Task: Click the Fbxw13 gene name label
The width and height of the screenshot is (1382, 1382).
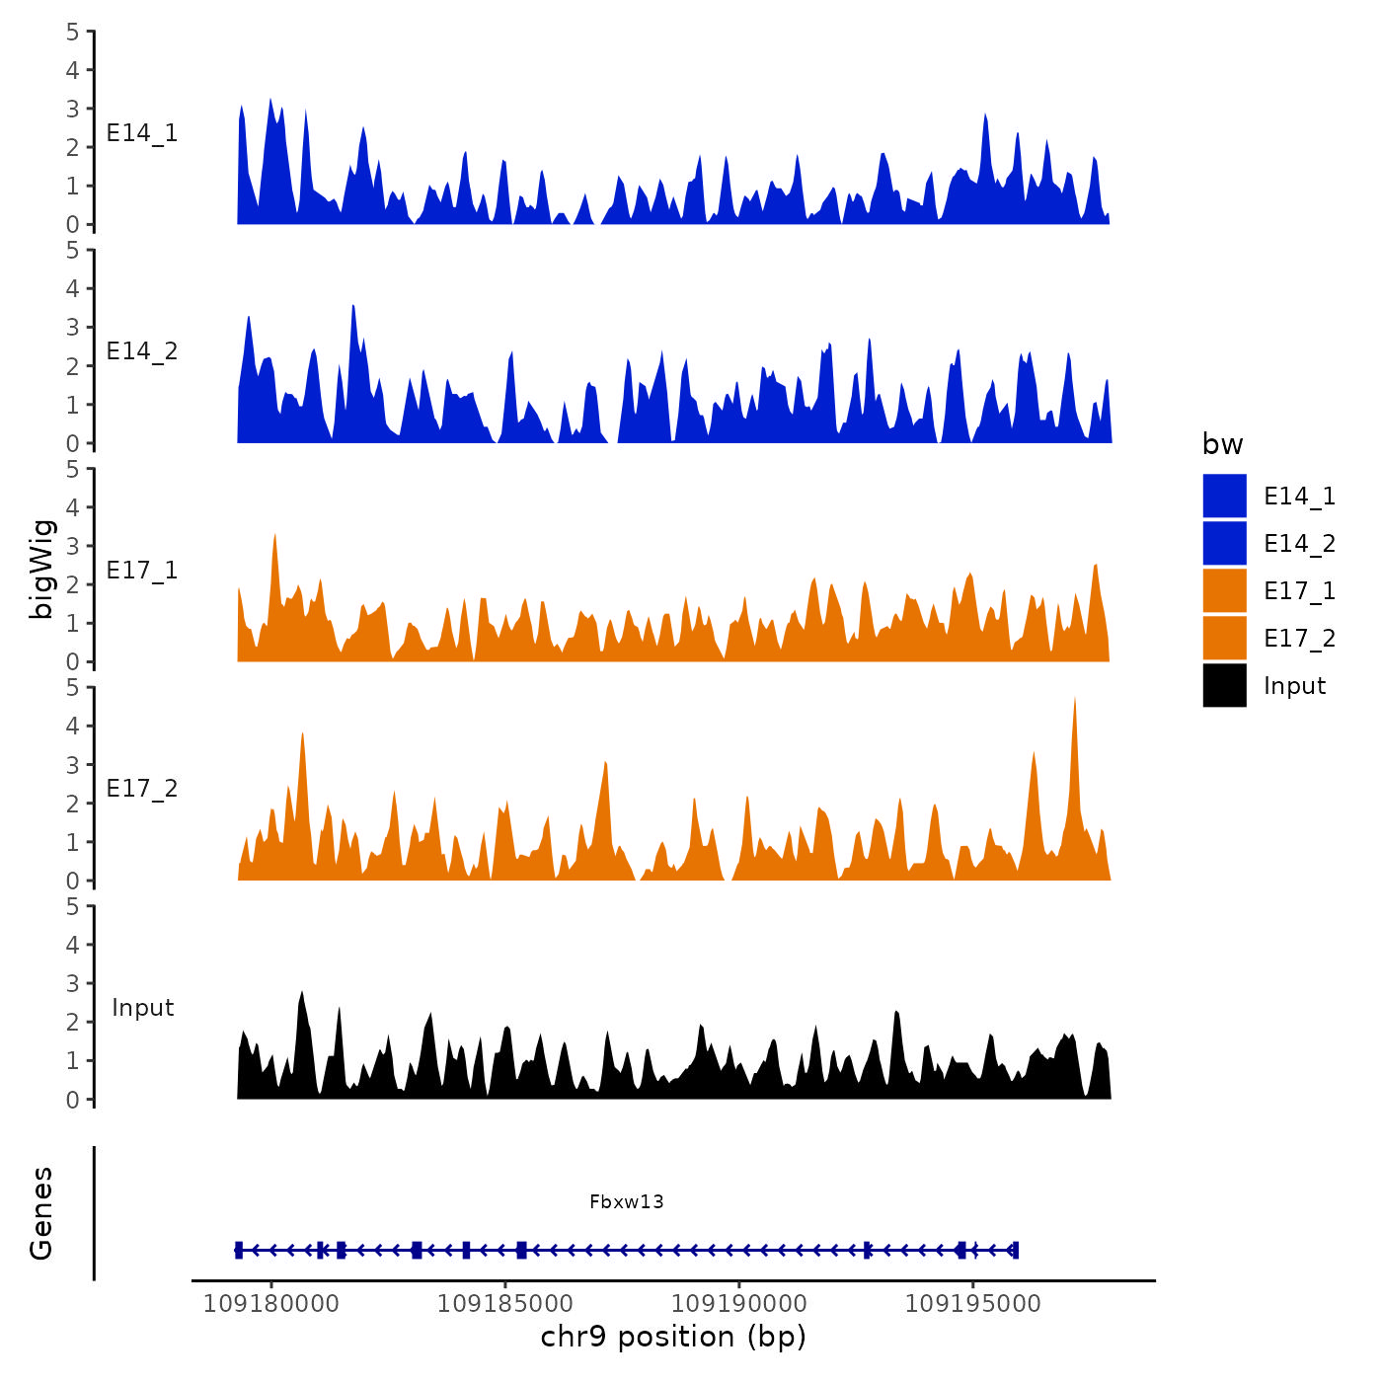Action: [x=627, y=1201]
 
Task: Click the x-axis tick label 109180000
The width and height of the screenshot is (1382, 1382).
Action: [x=270, y=1304]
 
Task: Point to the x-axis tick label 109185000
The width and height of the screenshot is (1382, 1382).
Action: [x=504, y=1304]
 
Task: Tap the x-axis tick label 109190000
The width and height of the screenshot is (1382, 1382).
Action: [x=738, y=1304]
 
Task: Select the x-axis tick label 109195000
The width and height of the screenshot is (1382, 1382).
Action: [x=972, y=1304]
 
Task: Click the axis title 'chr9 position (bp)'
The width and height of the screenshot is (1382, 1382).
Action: [x=673, y=1337]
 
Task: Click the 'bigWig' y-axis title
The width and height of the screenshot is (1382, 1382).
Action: [x=41, y=570]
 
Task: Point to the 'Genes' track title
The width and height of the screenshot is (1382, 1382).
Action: [x=41, y=1213]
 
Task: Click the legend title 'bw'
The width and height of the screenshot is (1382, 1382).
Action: [x=1222, y=444]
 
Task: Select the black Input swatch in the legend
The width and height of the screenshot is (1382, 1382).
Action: [x=1224, y=685]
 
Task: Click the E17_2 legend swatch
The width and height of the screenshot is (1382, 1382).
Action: [x=1224, y=638]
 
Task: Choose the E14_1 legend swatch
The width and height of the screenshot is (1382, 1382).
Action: [x=1224, y=496]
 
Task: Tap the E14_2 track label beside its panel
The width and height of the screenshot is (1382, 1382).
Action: [x=142, y=351]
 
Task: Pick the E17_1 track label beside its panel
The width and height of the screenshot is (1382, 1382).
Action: [x=142, y=571]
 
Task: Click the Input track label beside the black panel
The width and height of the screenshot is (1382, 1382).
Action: [x=142, y=1008]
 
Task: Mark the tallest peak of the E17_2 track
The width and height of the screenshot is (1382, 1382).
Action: [x=1074, y=699]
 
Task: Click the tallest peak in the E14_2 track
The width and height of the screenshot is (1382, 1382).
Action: [x=353, y=307]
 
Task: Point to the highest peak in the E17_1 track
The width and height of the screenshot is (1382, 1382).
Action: [x=274, y=535]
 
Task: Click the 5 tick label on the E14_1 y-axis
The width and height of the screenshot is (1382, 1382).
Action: [x=72, y=32]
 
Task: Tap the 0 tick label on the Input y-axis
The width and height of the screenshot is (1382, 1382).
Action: [x=72, y=1100]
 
